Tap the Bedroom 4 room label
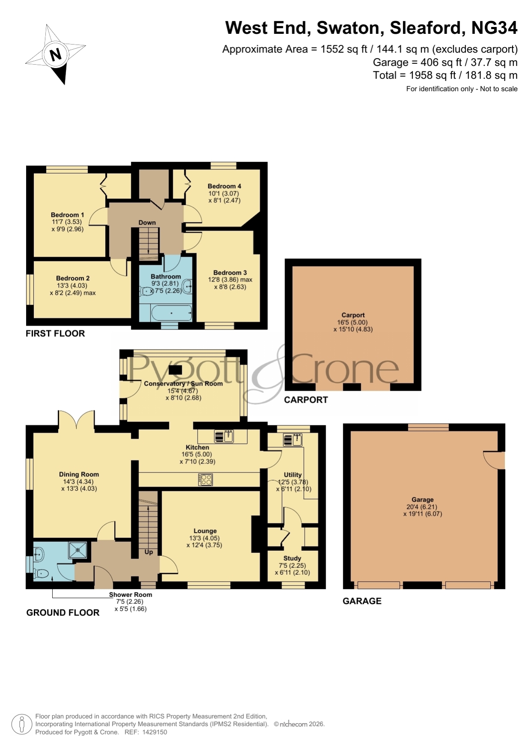click(224, 186)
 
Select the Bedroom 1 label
click(67, 215)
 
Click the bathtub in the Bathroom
click(172, 313)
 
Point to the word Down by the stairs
click(147, 223)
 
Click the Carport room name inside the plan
click(353, 315)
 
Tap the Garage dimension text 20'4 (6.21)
click(422, 507)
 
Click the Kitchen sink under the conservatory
click(223, 436)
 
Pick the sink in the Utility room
click(293, 440)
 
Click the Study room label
click(292, 558)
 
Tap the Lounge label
click(205, 531)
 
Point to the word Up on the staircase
click(148, 552)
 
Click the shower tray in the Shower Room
click(77, 550)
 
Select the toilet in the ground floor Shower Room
click(41, 573)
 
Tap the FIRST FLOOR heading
click(55, 334)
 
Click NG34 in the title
click(494, 28)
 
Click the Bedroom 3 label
click(230, 273)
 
